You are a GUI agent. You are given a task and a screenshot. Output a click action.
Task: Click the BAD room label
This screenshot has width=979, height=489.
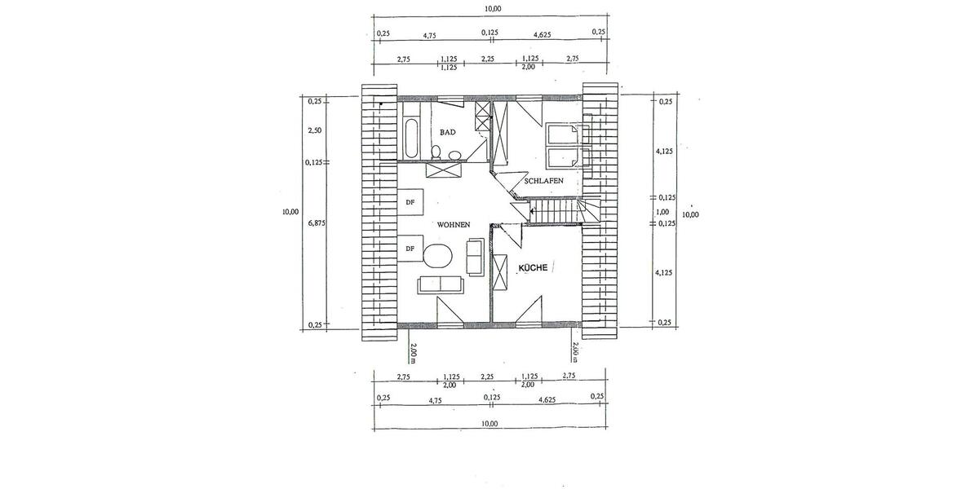(x=448, y=132)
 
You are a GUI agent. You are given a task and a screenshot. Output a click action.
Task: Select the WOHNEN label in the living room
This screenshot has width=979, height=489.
(x=453, y=224)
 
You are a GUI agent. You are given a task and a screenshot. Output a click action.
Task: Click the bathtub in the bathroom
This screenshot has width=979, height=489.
(x=410, y=139)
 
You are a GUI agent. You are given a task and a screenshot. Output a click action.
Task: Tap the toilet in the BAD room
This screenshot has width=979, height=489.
(x=437, y=152)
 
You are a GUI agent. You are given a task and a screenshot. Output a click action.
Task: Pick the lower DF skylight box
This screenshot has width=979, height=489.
(x=410, y=249)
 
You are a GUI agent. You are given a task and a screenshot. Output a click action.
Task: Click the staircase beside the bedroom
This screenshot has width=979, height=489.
(x=555, y=214)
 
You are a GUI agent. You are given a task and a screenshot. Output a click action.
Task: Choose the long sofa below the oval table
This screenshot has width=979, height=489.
(x=440, y=284)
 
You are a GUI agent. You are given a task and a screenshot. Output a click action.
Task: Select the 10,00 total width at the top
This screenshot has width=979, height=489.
(x=493, y=8)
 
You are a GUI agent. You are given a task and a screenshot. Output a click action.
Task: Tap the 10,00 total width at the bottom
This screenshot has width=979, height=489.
(x=489, y=424)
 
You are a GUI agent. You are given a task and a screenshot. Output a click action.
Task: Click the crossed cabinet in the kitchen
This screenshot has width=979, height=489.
(x=502, y=271)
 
